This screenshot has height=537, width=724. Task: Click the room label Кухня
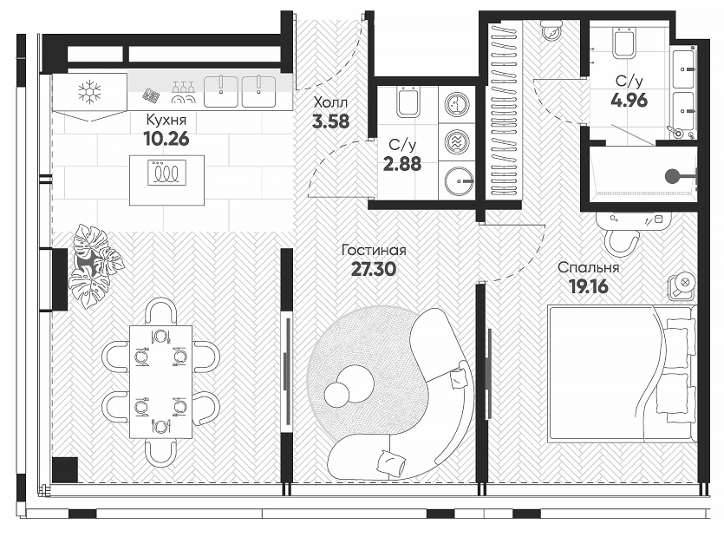(166, 119)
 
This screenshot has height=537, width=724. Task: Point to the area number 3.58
(330, 121)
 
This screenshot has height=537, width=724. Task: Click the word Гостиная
(374, 251)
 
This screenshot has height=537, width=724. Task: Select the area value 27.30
(374, 269)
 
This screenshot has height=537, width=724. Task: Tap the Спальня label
(588, 268)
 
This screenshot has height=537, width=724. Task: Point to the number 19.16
(588, 285)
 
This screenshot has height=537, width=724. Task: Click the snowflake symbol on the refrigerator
(89, 91)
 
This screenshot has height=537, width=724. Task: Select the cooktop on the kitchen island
(166, 174)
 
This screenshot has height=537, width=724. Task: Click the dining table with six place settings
(160, 381)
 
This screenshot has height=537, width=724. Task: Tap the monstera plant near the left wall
(94, 265)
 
